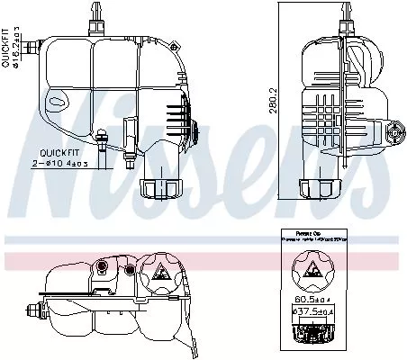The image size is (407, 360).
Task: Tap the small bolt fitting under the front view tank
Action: [x=104, y=141]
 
